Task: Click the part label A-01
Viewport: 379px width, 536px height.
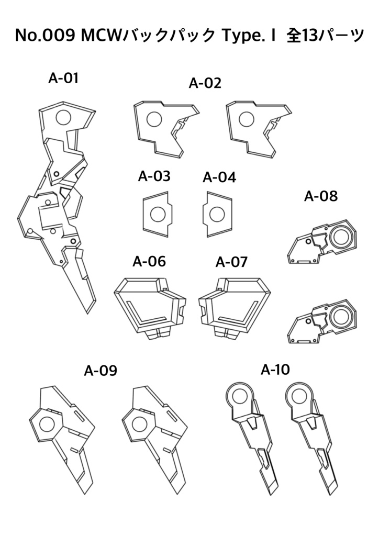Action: [x=63, y=79]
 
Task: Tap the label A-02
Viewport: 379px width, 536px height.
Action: [x=205, y=83]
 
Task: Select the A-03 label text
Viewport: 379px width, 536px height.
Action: [x=154, y=176]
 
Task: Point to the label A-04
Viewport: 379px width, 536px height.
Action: [x=219, y=177]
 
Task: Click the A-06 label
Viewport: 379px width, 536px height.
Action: [x=149, y=261]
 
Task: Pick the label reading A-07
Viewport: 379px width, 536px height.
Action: [x=231, y=262]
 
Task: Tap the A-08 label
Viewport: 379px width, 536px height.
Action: [x=321, y=197]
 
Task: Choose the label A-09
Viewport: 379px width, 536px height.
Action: [x=101, y=371]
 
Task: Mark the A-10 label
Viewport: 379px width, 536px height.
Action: [x=275, y=370]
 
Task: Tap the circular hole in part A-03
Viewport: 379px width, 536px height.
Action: [x=157, y=214]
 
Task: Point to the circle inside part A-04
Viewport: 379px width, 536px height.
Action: [x=216, y=214]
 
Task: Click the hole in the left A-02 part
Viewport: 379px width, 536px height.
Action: [x=154, y=119]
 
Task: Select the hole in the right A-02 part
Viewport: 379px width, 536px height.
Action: [x=247, y=119]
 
